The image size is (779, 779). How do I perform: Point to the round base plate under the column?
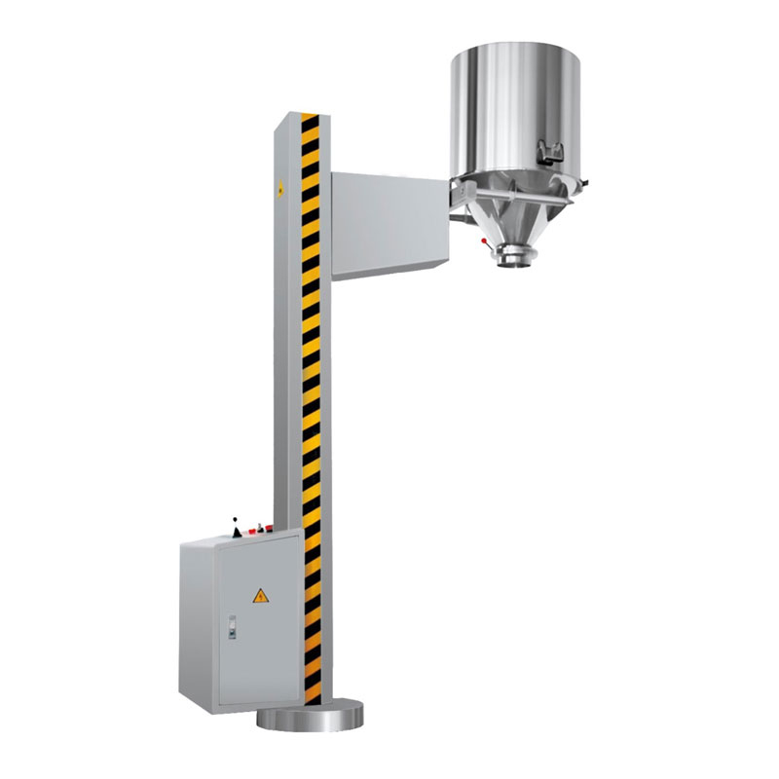(x=310, y=719)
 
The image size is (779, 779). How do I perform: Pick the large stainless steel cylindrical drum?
(x=514, y=107)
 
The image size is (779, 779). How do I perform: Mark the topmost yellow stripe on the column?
(x=310, y=118)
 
